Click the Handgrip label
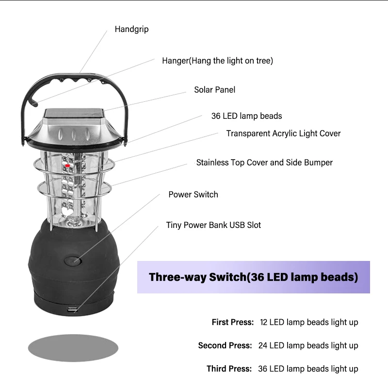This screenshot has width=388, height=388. (x=131, y=29)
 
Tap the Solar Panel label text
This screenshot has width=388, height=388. (x=214, y=90)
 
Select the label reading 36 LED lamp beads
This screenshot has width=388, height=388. (x=246, y=116)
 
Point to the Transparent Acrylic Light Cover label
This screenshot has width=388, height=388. (x=283, y=133)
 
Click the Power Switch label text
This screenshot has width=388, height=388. (x=193, y=194)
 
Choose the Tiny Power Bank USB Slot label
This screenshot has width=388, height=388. (x=213, y=225)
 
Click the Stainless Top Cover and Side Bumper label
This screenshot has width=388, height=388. (x=264, y=162)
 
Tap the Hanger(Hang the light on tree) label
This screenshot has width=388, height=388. (x=217, y=61)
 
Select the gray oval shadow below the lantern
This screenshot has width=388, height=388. (x=73, y=347)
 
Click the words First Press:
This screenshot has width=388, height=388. (x=232, y=322)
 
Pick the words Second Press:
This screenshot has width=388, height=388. (x=225, y=345)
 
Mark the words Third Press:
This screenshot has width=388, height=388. (x=229, y=369)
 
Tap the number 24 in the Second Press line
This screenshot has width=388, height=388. (x=263, y=345)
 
